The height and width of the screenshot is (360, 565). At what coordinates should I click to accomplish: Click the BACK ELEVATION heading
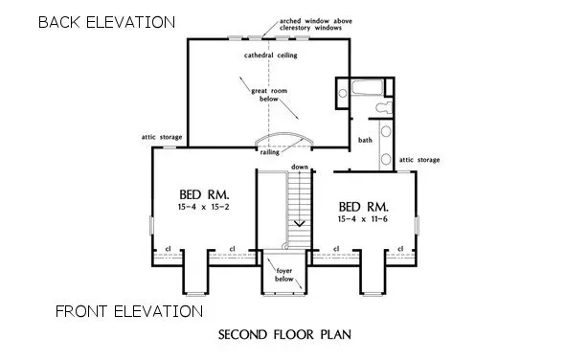pyautogui.click(x=106, y=21)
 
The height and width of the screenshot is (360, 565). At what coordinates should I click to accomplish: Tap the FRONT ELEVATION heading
pyautogui.click(x=128, y=311)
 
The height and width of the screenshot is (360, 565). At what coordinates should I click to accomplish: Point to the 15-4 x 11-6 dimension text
pyautogui.click(x=364, y=219)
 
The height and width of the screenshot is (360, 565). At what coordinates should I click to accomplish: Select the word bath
pyautogui.click(x=365, y=141)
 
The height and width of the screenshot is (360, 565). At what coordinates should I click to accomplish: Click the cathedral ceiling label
pyautogui.click(x=271, y=56)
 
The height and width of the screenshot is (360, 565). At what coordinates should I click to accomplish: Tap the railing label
pyautogui.click(x=270, y=151)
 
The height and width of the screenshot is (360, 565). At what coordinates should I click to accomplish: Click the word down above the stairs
pyautogui.click(x=300, y=167)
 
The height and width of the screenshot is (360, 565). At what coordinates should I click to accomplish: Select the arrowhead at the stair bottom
pyautogui.click(x=300, y=223)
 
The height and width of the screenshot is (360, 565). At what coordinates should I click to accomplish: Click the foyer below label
pyautogui.click(x=284, y=275)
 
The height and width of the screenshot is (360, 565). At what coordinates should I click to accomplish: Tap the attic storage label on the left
pyautogui.click(x=162, y=137)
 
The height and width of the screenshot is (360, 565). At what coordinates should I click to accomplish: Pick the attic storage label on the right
pyautogui.click(x=418, y=159)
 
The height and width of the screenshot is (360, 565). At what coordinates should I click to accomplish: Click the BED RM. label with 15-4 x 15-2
pyautogui.click(x=197, y=191)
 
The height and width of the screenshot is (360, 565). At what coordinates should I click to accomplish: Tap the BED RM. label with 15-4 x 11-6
pyautogui.click(x=364, y=206)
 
